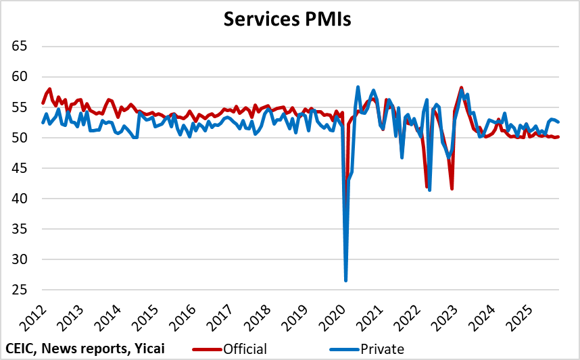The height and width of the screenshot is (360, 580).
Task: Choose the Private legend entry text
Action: [382, 349]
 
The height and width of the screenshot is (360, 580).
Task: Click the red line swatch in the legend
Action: [206, 349]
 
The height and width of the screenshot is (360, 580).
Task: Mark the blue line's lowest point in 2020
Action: [345, 280]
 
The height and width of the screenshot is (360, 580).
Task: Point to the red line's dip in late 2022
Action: [452, 188]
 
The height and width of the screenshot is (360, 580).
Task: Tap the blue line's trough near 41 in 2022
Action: [430, 190]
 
